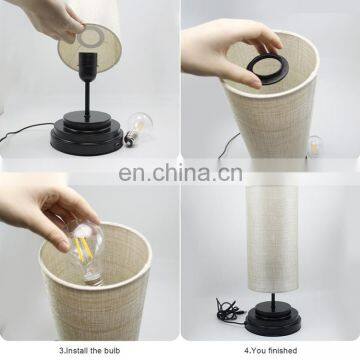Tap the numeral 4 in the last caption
click(x=246, y=351)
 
